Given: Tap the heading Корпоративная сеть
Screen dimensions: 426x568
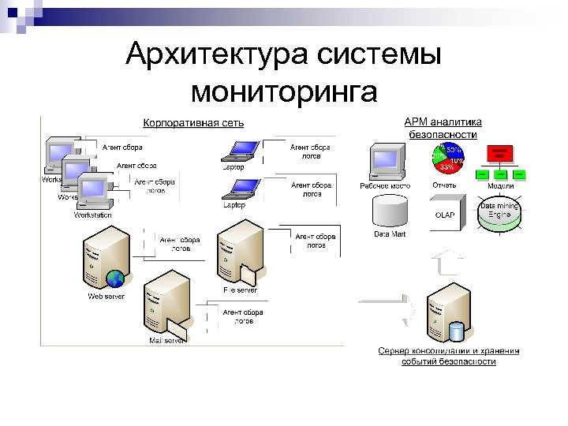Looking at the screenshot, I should click(193, 122).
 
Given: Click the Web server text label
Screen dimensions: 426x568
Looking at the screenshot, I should click(106, 297).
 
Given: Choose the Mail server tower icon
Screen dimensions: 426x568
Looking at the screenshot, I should click(166, 303).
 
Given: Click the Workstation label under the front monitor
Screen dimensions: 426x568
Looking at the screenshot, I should click(92, 215).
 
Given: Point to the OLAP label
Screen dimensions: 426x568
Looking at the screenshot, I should click(445, 215).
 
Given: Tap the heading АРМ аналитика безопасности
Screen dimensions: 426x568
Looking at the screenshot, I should click(443, 128).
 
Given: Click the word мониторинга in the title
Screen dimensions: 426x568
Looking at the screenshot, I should click(283, 92).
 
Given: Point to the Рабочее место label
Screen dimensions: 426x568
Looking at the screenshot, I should click(385, 186).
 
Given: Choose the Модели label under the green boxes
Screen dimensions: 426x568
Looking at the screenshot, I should click(501, 186).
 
